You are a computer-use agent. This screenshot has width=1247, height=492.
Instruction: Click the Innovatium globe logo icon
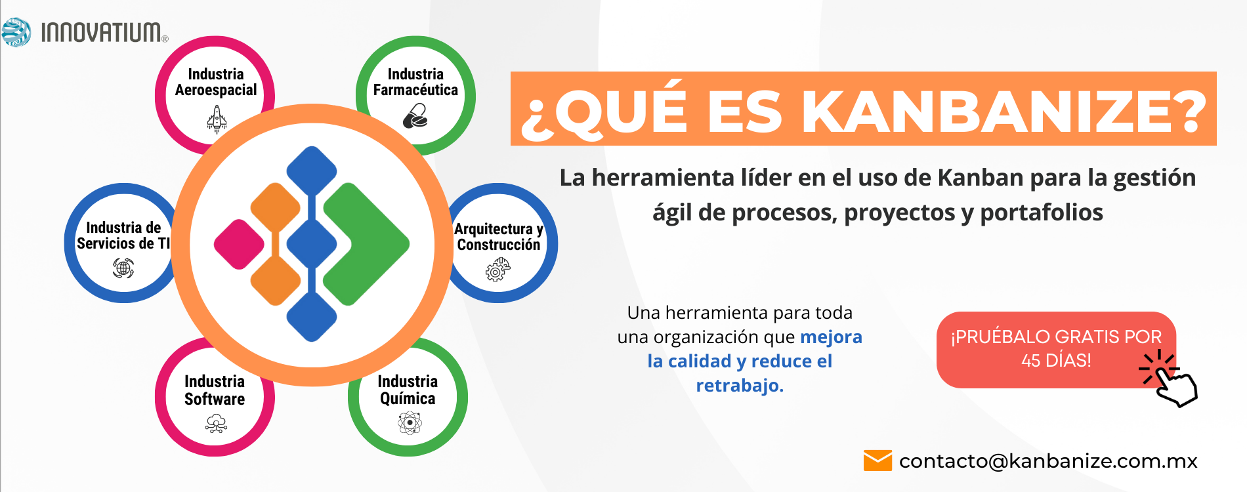click(x=16, y=32)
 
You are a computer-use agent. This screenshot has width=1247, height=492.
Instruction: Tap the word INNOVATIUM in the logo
click(x=101, y=32)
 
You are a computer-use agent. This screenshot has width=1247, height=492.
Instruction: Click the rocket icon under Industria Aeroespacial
click(x=217, y=119)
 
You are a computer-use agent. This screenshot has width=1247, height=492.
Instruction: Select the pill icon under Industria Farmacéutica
click(x=415, y=116)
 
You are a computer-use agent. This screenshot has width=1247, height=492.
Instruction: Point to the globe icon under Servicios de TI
click(x=123, y=268)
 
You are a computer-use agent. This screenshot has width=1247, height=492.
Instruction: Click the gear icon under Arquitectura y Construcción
click(x=497, y=269)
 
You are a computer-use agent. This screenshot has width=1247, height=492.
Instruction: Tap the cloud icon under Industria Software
click(x=216, y=424)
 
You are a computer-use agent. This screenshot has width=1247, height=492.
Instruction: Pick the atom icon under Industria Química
click(x=410, y=423)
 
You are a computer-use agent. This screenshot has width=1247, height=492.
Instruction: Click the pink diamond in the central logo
click(x=239, y=244)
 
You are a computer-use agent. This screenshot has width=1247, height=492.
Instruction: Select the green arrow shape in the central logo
click(x=366, y=244)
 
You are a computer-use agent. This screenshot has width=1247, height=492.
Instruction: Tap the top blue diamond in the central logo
click(x=312, y=171)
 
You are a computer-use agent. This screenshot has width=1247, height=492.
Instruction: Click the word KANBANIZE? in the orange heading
click(x=1004, y=110)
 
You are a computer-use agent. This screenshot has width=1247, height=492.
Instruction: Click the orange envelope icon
click(x=877, y=461)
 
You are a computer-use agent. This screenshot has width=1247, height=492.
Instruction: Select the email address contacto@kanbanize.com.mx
click(x=1048, y=461)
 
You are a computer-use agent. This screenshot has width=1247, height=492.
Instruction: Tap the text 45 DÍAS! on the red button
click(x=1056, y=360)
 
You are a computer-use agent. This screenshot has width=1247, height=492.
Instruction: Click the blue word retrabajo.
click(x=740, y=386)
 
